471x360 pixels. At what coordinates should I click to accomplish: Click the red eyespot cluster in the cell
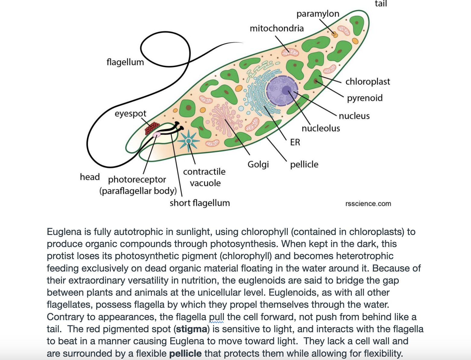[x=152, y=128]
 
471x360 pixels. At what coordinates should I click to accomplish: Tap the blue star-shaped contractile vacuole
[x=189, y=141]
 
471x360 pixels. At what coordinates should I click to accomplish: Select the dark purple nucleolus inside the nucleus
[x=287, y=90]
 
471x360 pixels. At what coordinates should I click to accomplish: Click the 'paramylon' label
[x=318, y=14]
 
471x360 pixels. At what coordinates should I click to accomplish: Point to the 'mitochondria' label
[x=277, y=28]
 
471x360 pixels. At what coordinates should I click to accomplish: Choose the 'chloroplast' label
[x=367, y=82]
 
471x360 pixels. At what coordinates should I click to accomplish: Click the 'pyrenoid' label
[x=364, y=98]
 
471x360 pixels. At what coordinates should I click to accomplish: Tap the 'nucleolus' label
[x=321, y=128]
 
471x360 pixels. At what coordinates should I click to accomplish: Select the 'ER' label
[x=295, y=142]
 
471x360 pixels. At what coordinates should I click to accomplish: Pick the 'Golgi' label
[x=258, y=164]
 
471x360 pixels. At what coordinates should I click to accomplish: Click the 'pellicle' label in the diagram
[x=304, y=164]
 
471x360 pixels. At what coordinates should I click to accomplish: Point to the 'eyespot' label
[x=130, y=114]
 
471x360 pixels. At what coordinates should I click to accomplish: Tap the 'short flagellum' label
[x=200, y=203]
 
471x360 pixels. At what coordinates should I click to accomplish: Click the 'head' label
[x=90, y=177]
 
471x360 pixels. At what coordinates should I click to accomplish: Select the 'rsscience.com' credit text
[x=368, y=204]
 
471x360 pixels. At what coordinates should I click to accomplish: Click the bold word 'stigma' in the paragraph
[x=191, y=329]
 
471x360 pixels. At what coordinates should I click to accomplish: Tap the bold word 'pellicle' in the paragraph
[x=185, y=353]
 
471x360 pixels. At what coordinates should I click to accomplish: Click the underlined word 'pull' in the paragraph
[x=216, y=317]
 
